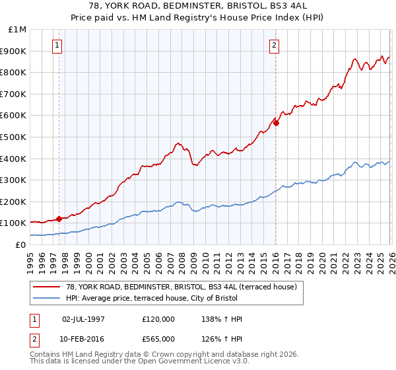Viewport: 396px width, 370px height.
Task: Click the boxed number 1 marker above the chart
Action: tap(57, 46)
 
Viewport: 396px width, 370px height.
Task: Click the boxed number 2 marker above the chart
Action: tap(274, 46)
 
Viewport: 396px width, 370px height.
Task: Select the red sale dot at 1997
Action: tap(59, 219)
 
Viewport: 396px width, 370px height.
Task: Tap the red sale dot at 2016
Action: tap(276, 122)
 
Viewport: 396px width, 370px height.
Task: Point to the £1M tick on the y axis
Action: tap(18, 29)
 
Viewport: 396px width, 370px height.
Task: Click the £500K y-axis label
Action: tap(15, 137)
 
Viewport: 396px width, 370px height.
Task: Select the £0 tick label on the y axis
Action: tap(21, 244)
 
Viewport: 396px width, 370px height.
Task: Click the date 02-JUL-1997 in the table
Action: tap(83, 319)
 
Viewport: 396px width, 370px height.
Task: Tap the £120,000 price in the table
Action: tap(158, 319)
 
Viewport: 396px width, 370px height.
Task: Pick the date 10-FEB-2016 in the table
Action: tap(83, 338)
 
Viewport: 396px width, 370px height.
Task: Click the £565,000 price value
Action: tap(158, 338)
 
